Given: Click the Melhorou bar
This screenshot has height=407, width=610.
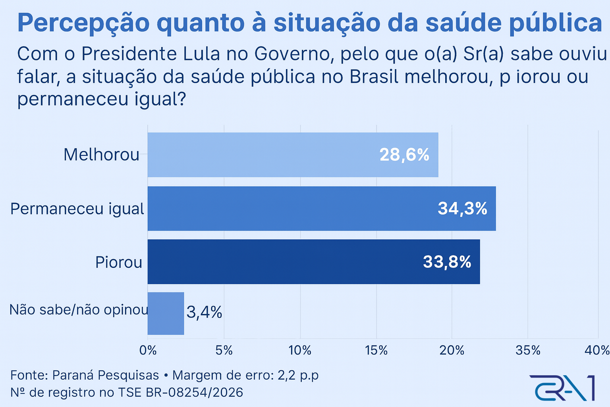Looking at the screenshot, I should (x=293, y=155).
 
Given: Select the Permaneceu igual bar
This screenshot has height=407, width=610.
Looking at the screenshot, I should (x=322, y=209).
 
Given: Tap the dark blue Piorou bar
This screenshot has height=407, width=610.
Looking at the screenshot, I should (x=314, y=262).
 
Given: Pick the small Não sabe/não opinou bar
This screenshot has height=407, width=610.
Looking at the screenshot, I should (x=166, y=314).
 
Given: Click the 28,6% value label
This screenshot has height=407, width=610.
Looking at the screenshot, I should (x=404, y=155).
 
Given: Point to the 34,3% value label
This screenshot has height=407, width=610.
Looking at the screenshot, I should (x=462, y=209).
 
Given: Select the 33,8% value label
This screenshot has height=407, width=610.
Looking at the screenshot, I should (x=447, y=262).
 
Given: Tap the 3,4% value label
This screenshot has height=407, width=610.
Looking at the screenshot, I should (x=204, y=313).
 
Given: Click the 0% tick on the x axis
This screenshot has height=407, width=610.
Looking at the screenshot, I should (x=148, y=350).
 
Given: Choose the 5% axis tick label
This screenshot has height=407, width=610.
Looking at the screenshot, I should (x=224, y=350).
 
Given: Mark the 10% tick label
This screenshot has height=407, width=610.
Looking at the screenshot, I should (x=300, y=350).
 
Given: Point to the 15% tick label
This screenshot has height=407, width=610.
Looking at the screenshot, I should (x=376, y=350).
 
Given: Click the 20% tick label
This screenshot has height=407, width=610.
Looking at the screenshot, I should (x=452, y=350).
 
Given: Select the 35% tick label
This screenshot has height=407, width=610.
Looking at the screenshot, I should (x=528, y=350).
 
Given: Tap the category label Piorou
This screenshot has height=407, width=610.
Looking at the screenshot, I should (x=119, y=262).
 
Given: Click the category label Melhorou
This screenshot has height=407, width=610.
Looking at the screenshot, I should (x=102, y=155).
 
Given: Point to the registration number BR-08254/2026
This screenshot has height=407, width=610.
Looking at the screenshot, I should (x=195, y=392).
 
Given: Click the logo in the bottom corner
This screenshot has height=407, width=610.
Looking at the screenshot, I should (x=562, y=388).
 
